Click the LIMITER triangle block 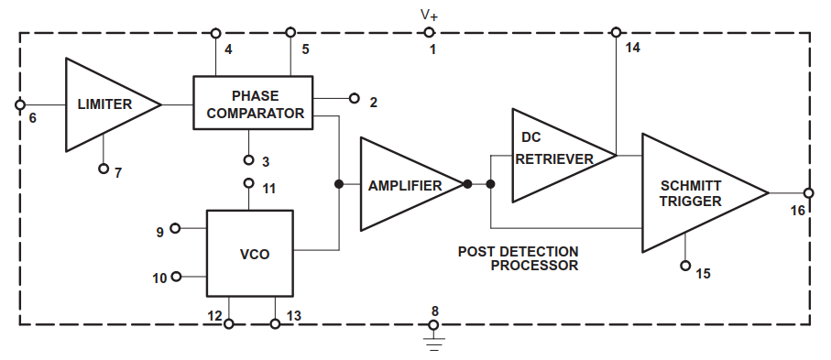pos(106,104)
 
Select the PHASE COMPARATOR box pos(253,103)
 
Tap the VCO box pos(249,254)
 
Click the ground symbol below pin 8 pos(434,344)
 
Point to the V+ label pos(429,16)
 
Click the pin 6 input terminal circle pos(20,105)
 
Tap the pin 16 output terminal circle pos(809,193)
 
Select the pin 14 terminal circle pos(616,33)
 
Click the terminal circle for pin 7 pos(104,169)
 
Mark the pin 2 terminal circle pos(355,98)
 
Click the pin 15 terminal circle pos(686,266)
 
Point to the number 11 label pos(269,189)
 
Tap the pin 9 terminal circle pos(175,228)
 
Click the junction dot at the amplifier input pos(339,184)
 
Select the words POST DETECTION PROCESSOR pos(519,258)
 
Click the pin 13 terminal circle pos(275,324)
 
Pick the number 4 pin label pos(228,49)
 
